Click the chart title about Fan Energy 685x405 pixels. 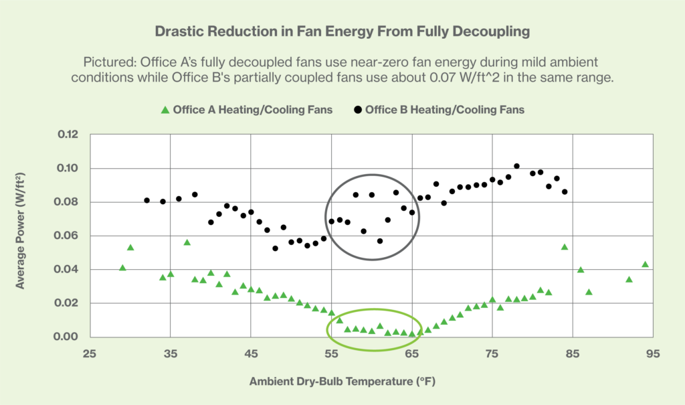point(342,31)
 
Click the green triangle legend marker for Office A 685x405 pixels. point(164,109)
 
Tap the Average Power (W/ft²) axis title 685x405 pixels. point(21,236)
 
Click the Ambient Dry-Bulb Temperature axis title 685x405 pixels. point(343,382)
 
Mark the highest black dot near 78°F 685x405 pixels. point(516,166)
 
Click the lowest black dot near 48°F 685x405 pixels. point(275,248)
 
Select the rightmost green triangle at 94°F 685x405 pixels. point(645,264)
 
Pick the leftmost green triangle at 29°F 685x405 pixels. point(122,268)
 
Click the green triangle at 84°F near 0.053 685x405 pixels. point(565,247)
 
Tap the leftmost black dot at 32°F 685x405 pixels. point(147,200)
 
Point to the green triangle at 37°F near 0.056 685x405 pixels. point(187,242)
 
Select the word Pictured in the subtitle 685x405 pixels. point(107,62)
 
